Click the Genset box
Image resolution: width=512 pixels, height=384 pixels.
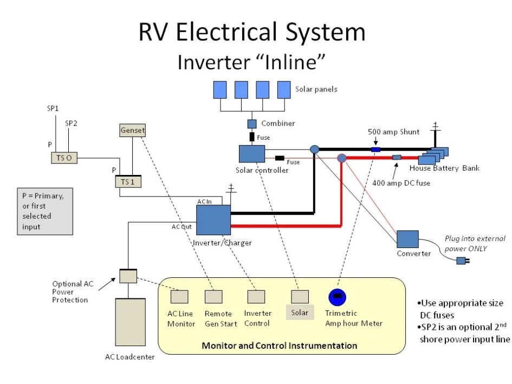(132, 131)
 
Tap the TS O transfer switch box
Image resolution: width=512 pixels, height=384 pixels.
(64, 158)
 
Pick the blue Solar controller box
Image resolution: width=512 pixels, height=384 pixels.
(252, 154)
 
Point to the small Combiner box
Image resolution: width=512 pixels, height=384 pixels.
(252, 123)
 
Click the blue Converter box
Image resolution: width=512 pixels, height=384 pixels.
(407, 239)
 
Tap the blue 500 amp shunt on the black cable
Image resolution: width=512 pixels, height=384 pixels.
(375, 149)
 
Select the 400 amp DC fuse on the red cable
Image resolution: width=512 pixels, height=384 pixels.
(397, 158)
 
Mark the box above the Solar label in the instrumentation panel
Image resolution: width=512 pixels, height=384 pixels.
(300, 297)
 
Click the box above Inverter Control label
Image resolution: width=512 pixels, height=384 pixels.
(256, 297)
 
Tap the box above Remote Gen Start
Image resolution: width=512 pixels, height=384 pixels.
(213, 297)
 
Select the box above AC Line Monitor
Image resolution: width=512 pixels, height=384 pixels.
(180, 297)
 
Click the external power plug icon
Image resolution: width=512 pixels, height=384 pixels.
(461, 261)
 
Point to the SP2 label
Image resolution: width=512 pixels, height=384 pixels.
(71, 123)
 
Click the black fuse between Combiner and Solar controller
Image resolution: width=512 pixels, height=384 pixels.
(252, 136)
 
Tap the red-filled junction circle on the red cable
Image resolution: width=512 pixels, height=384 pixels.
(342, 158)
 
